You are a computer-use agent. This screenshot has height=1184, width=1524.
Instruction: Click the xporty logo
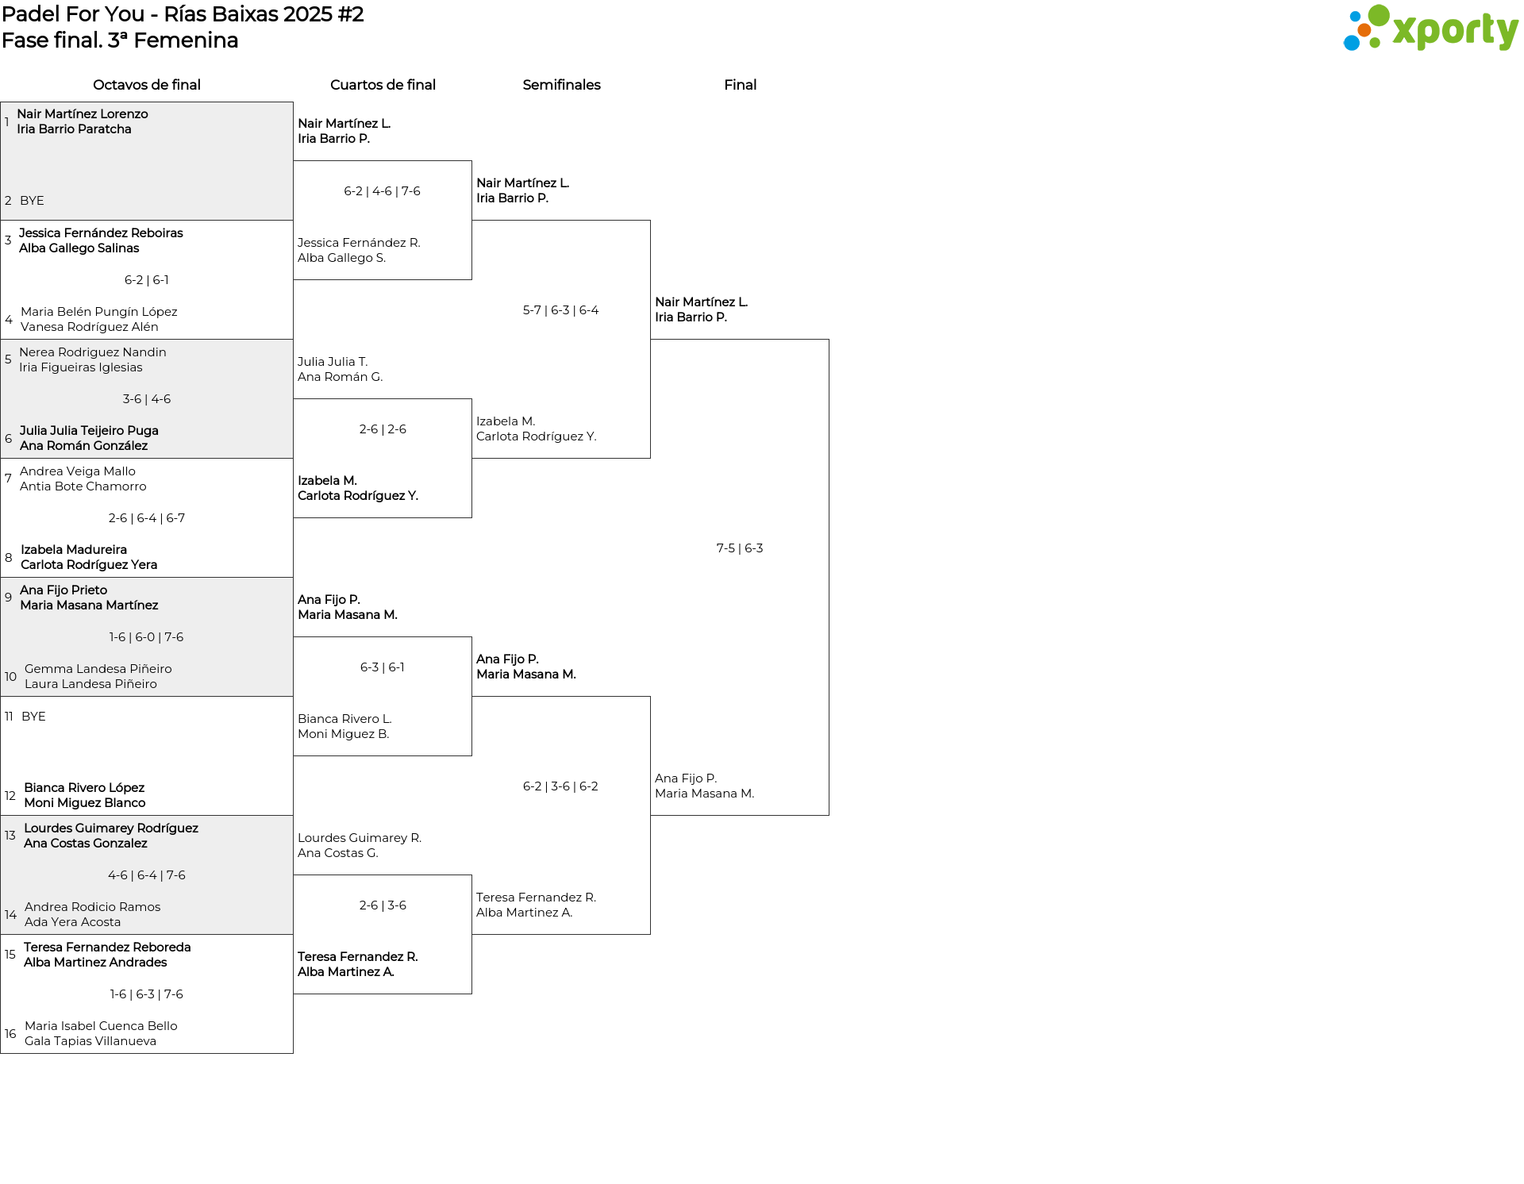pyautogui.click(x=1430, y=28)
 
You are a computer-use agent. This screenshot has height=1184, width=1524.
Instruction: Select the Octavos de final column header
pyautogui.click(x=147, y=85)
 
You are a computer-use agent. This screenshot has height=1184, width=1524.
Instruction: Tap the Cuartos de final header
pyautogui.click(x=383, y=85)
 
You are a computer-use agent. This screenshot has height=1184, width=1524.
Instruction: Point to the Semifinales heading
pyautogui.click(x=561, y=85)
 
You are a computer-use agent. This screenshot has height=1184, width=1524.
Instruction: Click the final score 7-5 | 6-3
pyautogui.click(x=740, y=548)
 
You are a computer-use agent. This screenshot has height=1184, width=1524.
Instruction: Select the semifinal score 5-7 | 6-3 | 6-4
pyautogui.click(x=560, y=310)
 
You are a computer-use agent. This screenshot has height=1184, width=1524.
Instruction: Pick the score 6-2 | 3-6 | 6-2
pyautogui.click(x=560, y=786)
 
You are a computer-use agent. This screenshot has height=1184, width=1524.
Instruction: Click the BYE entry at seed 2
pyautogui.click(x=32, y=201)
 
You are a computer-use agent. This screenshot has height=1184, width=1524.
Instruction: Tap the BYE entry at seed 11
pyautogui.click(x=33, y=717)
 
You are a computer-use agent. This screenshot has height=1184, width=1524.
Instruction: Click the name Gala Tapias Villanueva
pyautogui.click(x=90, y=1041)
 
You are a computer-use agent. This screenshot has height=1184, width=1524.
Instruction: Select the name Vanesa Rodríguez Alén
pyautogui.click(x=90, y=327)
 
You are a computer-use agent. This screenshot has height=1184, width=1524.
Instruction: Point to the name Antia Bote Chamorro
pyautogui.click(x=83, y=486)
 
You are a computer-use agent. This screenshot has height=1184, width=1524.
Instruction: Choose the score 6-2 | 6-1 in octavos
pyautogui.click(x=147, y=280)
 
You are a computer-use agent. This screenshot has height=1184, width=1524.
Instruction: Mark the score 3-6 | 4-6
pyautogui.click(x=147, y=399)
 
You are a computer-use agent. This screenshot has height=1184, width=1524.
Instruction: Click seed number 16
pyautogui.click(x=10, y=1034)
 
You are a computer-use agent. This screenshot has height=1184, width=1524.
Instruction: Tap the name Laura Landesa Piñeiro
pyautogui.click(x=90, y=684)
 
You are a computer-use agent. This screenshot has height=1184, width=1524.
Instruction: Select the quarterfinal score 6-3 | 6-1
pyautogui.click(x=383, y=667)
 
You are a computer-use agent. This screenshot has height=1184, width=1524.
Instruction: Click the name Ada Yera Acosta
pyautogui.click(x=73, y=922)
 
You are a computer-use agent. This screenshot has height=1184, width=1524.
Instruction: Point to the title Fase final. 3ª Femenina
pyautogui.click(x=120, y=40)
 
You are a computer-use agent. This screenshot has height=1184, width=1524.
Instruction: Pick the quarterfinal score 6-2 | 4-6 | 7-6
pyautogui.click(x=383, y=191)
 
